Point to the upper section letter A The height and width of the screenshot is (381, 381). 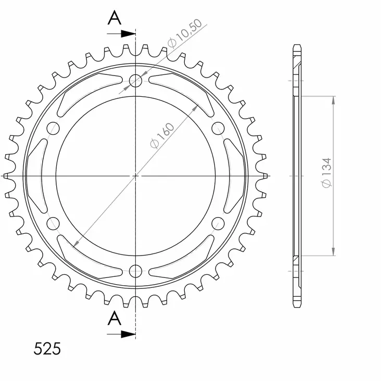(115, 18)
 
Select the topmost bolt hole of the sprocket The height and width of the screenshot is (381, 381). (135, 81)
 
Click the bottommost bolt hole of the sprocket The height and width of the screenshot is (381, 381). (135, 271)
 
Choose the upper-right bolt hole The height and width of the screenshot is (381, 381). (218, 128)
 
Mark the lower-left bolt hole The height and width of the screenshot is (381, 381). (53, 224)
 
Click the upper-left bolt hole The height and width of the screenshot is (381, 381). (53, 128)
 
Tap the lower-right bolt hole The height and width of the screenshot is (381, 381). (218, 224)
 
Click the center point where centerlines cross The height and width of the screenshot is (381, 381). (135, 176)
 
